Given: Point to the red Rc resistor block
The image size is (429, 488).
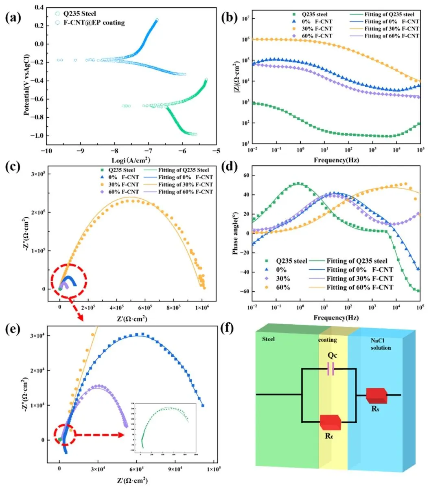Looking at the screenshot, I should pos(331,422).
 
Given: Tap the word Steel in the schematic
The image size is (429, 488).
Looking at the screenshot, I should pos(268,339).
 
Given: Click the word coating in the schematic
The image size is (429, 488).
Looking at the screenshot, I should pos(328,340).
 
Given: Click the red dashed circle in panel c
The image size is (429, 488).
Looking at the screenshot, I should pos(69,281).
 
